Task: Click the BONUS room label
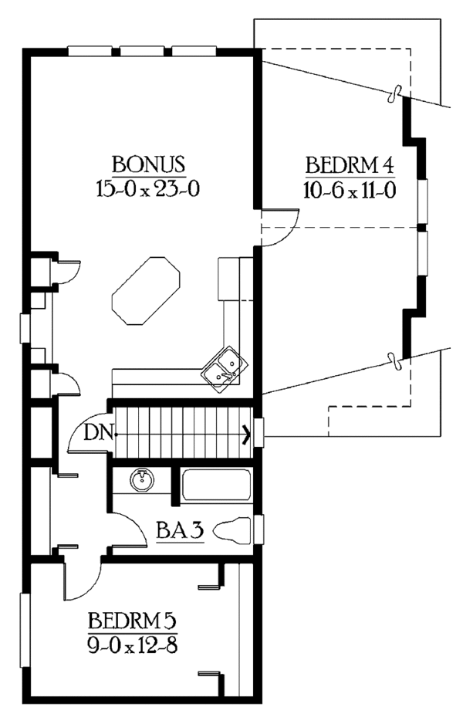(x=147, y=164)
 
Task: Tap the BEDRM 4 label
(x=351, y=166)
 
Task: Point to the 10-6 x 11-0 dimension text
(x=351, y=190)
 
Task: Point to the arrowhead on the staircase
(x=247, y=435)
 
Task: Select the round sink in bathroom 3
(x=142, y=481)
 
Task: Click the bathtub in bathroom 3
(x=215, y=485)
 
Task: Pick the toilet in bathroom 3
(x=233, y=531)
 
